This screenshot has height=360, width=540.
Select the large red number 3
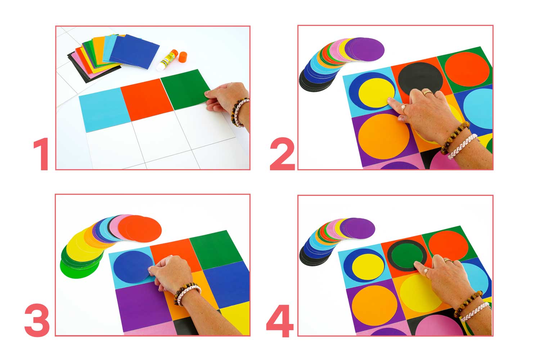(x=37, y=320)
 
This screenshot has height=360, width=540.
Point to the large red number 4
(x=280, y=321)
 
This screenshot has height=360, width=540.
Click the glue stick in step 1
(x=167, y=60)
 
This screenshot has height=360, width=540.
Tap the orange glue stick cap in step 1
(x=183, y=57)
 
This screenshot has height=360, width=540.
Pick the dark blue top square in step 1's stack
(x=134, y=51)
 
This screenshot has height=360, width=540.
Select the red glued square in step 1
(x=147, y=99)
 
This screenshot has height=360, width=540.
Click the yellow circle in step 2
(x=377, y=93)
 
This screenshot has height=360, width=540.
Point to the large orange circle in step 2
(x=384, y=136)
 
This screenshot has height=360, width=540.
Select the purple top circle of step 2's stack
(x=367, y=49)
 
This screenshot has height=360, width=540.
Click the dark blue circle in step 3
(x=133, y=267)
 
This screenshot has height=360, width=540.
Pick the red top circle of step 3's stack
(x=143, y=229)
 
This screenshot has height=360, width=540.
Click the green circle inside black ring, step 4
(x=406, y=256)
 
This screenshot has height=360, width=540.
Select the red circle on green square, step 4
(x=449, y=246)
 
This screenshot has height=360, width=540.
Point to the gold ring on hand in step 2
(x=428, y=93)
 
